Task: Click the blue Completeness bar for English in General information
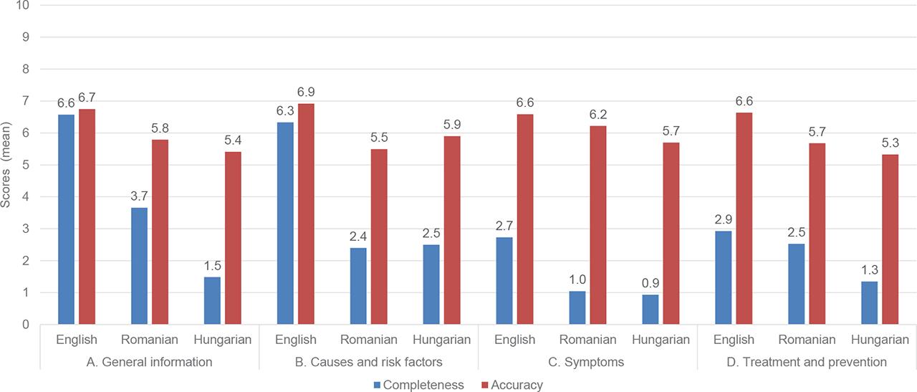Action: click(x=66, y=219)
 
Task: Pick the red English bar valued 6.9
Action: click(x=305, y=214)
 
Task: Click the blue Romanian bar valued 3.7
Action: click(x=139, y=266)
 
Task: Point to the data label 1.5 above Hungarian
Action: click(x=212, y=264)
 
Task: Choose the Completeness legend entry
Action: click(x=418, y=385)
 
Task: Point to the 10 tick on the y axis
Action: click(x=26, y=5)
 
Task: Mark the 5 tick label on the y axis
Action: click(x=26, y=165)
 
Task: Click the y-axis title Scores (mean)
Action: click(x=6, y=164)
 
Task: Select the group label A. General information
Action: click(x=148, y=362)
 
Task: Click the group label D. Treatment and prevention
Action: click(x=806, y=362)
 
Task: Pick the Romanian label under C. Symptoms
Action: click(x=587, y=340)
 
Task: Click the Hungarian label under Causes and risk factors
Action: click(x=442, y=340)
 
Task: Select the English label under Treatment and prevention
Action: click(x=734, y=340)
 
